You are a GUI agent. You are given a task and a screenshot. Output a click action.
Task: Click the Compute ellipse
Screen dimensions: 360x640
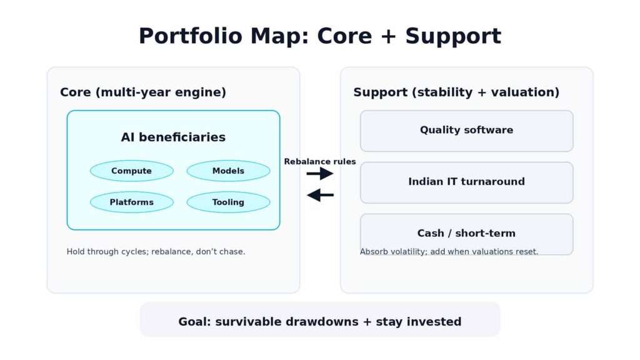(131, 171)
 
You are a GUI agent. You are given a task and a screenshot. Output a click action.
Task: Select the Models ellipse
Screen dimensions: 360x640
(228, 171)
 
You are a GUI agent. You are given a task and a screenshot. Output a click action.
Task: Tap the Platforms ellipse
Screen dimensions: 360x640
(131, 202)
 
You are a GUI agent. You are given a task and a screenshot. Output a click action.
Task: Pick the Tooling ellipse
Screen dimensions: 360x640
(228, 202)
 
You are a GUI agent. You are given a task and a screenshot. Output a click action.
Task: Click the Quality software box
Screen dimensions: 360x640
(466, 131)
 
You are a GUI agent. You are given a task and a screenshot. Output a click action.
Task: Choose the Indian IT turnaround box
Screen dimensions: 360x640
(466, 182)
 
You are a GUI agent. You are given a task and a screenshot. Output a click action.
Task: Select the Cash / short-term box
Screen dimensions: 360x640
(466, 233)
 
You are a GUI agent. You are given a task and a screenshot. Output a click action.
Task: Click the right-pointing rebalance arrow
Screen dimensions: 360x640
(320, 174)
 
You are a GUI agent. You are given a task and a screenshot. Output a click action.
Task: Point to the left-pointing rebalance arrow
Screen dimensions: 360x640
(320, 196)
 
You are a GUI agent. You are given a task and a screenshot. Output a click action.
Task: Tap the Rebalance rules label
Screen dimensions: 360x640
(320, 162)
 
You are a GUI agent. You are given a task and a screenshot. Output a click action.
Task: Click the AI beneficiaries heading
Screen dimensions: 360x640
(173, 137)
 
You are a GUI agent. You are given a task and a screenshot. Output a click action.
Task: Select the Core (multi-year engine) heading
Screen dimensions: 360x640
(143, 92)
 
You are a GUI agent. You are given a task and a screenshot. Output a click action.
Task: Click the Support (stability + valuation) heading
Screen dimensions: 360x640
(456, 92)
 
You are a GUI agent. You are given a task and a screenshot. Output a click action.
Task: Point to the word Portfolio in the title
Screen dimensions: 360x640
(190, 36)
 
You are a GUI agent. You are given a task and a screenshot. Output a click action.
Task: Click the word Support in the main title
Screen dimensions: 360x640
(453, 36)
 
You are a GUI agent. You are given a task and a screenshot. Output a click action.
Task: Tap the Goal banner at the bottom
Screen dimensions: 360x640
(320, 322)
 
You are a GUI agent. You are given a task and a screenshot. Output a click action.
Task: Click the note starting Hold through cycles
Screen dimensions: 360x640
(156, 252)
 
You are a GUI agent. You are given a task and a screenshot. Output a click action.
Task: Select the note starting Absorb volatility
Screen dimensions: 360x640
(449, 252)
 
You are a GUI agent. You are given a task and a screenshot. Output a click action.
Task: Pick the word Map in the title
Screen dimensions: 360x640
(279, 36)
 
